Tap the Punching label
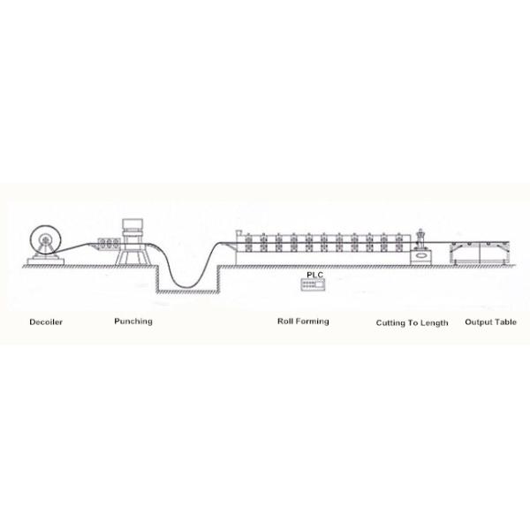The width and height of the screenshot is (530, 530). pyautogui.click(x=132, y=322)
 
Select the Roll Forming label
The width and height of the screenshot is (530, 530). pyautogui.click(x=303, y=322)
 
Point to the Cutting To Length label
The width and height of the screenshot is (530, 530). pyautogui.click(x=412, y=323)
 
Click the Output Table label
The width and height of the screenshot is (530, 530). pyautogui.click(x=490, y=322)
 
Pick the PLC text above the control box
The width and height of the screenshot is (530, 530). pyautogui.click(x=314, y=276)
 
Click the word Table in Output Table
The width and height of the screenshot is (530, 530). pyautogui.click(x=505, y=322)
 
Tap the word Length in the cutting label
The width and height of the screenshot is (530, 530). pyautogui.click(x=435, y=323)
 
